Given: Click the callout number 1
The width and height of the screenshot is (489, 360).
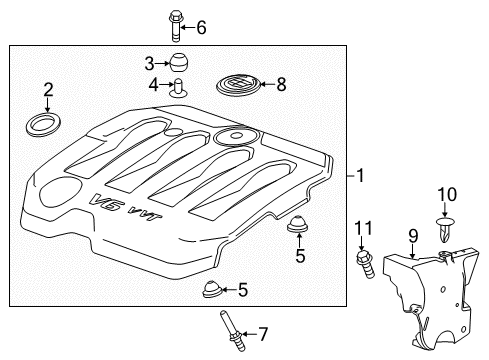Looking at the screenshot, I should pyautogui.click(x=362, y=177).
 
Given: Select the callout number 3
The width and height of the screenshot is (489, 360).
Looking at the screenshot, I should pyautogui.click(x=148, y=61).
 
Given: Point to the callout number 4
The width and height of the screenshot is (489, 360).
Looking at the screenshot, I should pyautogui.click(x=154, y=84).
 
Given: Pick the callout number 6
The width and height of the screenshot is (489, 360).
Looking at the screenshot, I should pyautogui.click(x=201, y=27).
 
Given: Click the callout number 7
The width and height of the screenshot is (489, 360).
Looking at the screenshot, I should pyautogui.click(x=264, y=332).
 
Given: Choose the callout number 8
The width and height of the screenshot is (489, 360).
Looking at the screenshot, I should pyautogui.click(x=281, y=85).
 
